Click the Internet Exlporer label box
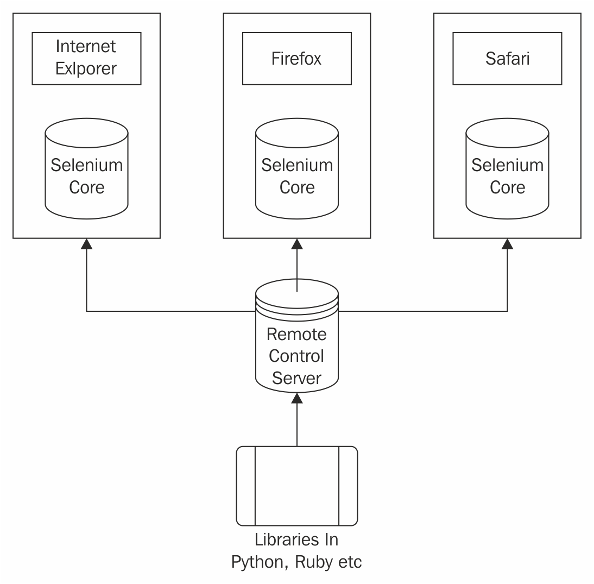click(86, 58)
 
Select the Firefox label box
click(296, 58)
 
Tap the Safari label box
click(507, 58)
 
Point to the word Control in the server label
click(296, 356)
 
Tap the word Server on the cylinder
click(296, 378)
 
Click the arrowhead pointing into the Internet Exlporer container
click(86, 244)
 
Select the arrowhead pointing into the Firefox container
click(297, 244)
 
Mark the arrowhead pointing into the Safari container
click(508, 244)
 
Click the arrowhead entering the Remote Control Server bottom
click(297, 398)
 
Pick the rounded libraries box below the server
click(296, 486)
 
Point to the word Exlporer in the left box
click(86, 69)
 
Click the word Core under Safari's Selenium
click(507, 187)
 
